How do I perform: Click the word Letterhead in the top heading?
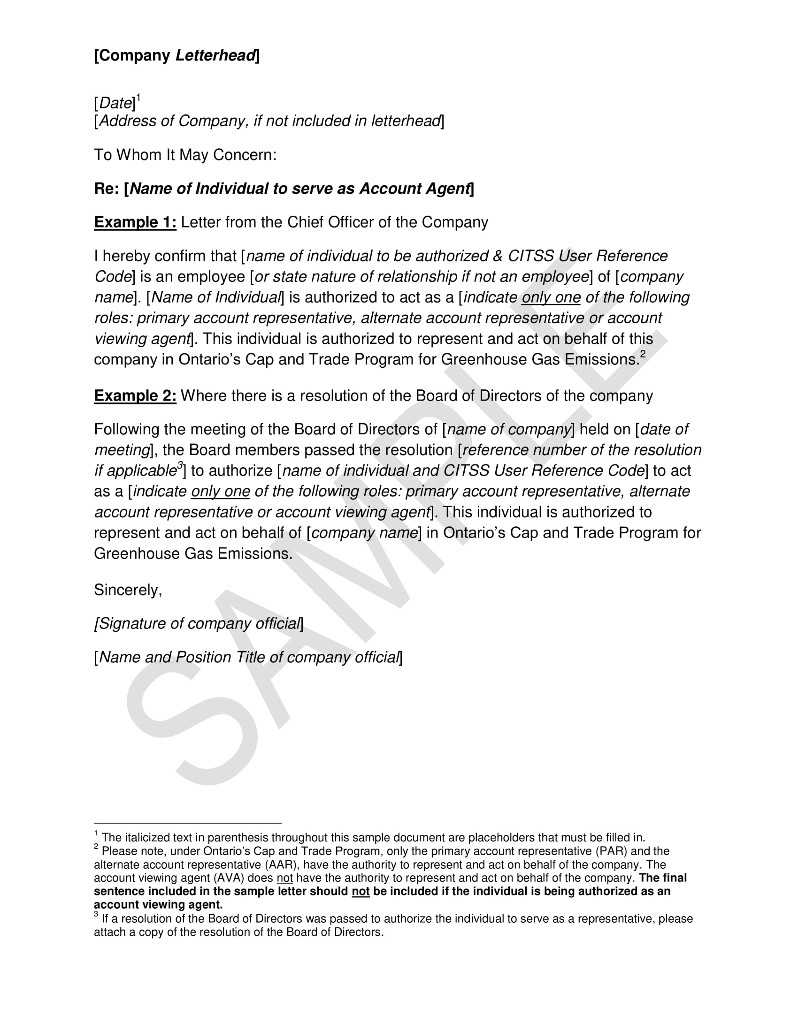pos(215,56)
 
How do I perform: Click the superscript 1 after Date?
pos(138,98)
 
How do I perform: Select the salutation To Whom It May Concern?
pos(185,154)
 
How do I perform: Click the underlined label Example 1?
pos(135,222)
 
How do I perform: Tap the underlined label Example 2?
pos(135,395)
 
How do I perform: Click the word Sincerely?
pos(128,590)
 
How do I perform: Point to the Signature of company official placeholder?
pos(199,623)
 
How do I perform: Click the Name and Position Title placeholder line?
pos(248,657)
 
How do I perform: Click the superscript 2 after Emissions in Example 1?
pos(643,353)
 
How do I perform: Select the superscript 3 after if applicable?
pos(180,465)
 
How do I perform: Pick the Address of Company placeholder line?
pos(269,121)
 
